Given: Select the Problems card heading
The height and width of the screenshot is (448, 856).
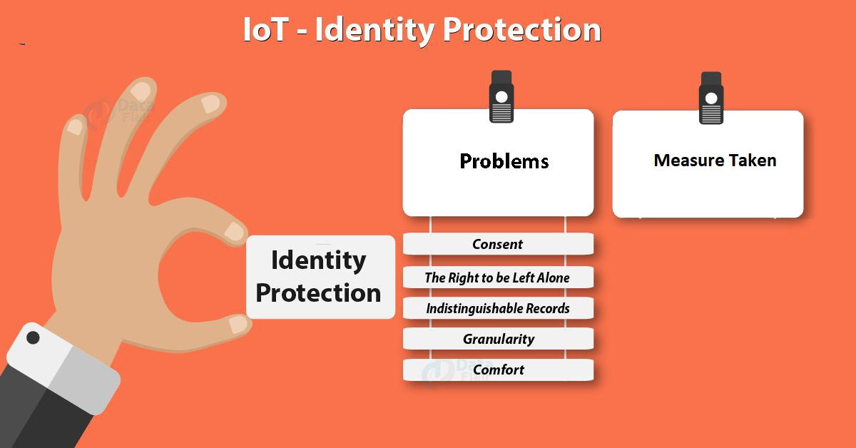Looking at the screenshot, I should click(504, 161).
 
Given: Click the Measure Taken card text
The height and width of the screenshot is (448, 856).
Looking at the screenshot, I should click(715, 161).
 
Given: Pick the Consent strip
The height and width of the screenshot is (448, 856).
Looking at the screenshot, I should click(498, 244).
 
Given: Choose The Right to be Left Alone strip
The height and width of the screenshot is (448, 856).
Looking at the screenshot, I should click(498, 278).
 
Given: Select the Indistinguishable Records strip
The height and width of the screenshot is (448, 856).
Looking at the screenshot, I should click(498, 308).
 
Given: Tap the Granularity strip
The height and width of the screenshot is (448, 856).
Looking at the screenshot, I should click(498, 339).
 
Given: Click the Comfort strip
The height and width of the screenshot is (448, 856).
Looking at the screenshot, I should click(498, 370).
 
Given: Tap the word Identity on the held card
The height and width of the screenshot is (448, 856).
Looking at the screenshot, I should click(318, 260).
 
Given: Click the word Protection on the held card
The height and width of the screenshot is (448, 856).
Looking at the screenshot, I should click(318, 292).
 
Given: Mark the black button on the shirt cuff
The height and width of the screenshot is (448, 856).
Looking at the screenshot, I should click(34, 337).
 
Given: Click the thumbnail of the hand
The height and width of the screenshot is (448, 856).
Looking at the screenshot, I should click(238, 324).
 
